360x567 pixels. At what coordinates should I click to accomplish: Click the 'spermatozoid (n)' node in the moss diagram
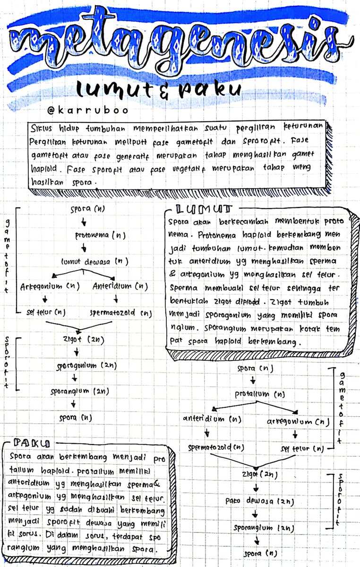(120, 312)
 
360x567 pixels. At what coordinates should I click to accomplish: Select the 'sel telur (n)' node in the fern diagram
(302, 448)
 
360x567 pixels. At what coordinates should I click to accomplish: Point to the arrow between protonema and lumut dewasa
(84, 248)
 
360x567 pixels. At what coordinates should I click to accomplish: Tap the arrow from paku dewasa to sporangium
(255, 514)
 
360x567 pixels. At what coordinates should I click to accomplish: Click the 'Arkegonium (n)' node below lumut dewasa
(50, 286)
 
